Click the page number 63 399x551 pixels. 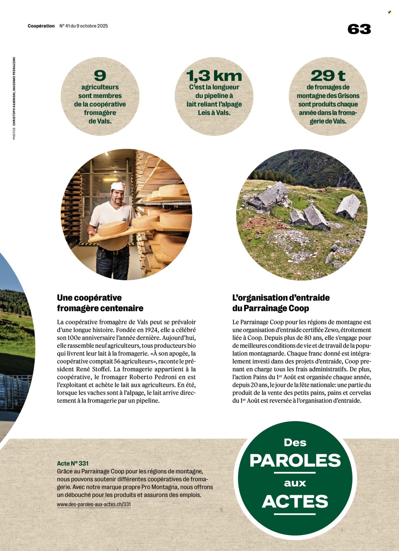[359, 29]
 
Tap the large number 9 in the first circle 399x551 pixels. [100, 76]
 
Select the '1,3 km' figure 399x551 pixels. [214, 76]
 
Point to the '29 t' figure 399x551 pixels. [328, 76]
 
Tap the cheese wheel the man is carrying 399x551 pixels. [112, 227]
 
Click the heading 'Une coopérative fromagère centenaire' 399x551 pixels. [100, 303]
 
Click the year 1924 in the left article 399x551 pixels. [151, 330]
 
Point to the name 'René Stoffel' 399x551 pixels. [94, 369]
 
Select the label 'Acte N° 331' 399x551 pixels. [73, 463]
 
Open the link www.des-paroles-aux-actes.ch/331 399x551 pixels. [94, 504]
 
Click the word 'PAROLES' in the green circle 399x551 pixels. [295, 460]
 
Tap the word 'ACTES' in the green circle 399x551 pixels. [295, 501]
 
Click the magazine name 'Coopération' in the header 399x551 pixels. [41, 26]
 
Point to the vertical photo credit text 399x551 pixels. [14, 98]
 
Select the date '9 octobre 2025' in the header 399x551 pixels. [92, 26]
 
